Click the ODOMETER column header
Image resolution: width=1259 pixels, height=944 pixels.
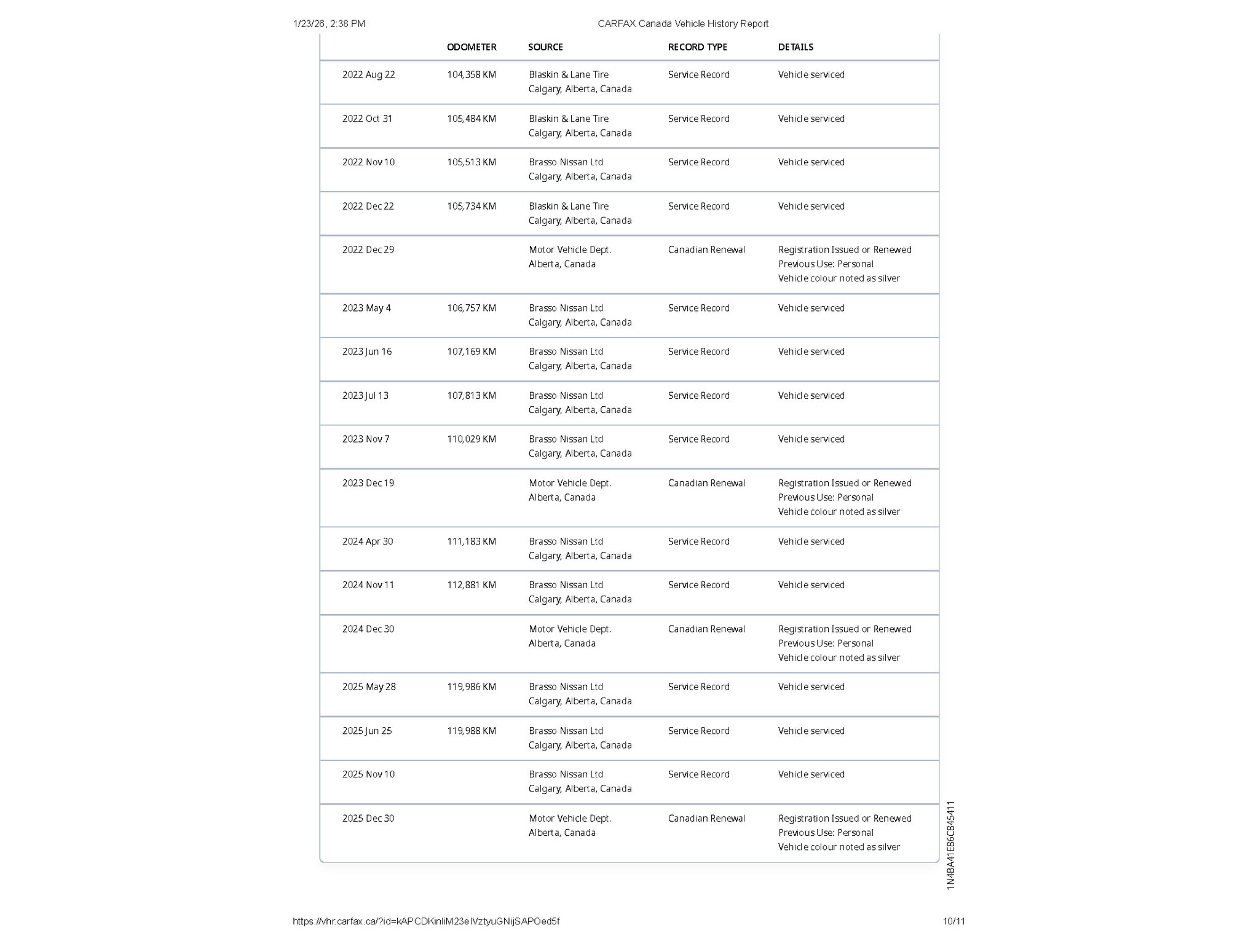tap(472, 47)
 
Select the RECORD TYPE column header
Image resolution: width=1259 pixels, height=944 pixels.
tap(697, 47)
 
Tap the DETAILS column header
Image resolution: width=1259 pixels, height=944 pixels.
tap(795, 47)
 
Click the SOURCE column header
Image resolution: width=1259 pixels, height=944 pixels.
tap(545, 47)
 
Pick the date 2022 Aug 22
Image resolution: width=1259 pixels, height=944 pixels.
tap(368, 75)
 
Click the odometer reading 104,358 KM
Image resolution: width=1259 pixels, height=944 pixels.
tap(472, 75)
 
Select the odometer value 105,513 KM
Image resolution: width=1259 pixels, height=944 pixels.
tap(472, 162)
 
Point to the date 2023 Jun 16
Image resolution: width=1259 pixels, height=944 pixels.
tap(366, 352)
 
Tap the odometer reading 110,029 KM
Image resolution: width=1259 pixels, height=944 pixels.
tap(472, 439)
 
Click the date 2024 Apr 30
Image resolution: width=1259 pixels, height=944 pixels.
tap(368, 541)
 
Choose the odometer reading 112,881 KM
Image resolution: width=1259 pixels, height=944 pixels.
tap(472, 585)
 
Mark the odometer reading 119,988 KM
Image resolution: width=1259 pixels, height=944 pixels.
tap(472, 731)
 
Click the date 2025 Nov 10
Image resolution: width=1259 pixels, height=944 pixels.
tap(368, 774)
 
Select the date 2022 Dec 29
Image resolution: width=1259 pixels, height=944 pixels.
tap(368, 250)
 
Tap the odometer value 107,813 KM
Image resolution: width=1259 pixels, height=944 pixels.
tap(472, 396)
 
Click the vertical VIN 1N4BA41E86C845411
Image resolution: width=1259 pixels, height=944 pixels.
tap(950, 845)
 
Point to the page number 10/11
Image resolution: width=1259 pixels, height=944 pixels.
tap(953, 921)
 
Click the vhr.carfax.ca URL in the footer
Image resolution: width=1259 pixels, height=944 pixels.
tap(426, 921)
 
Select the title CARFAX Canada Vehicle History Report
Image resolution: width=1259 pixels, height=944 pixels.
tap(683, 24)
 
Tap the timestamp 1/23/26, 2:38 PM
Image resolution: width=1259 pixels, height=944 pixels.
tap(329, 24)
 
